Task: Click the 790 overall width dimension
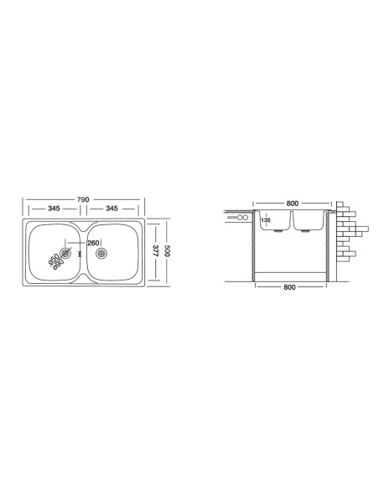[x=84, y=199]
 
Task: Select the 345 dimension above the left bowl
[x=52, y=208]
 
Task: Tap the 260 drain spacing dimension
[x=93, y=244]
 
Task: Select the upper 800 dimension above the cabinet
[x=292, y=203]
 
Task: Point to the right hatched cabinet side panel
[x=328, y=248]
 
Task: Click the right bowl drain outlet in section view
[x=304, y=232]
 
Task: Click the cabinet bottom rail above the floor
[x=291, y=275]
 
